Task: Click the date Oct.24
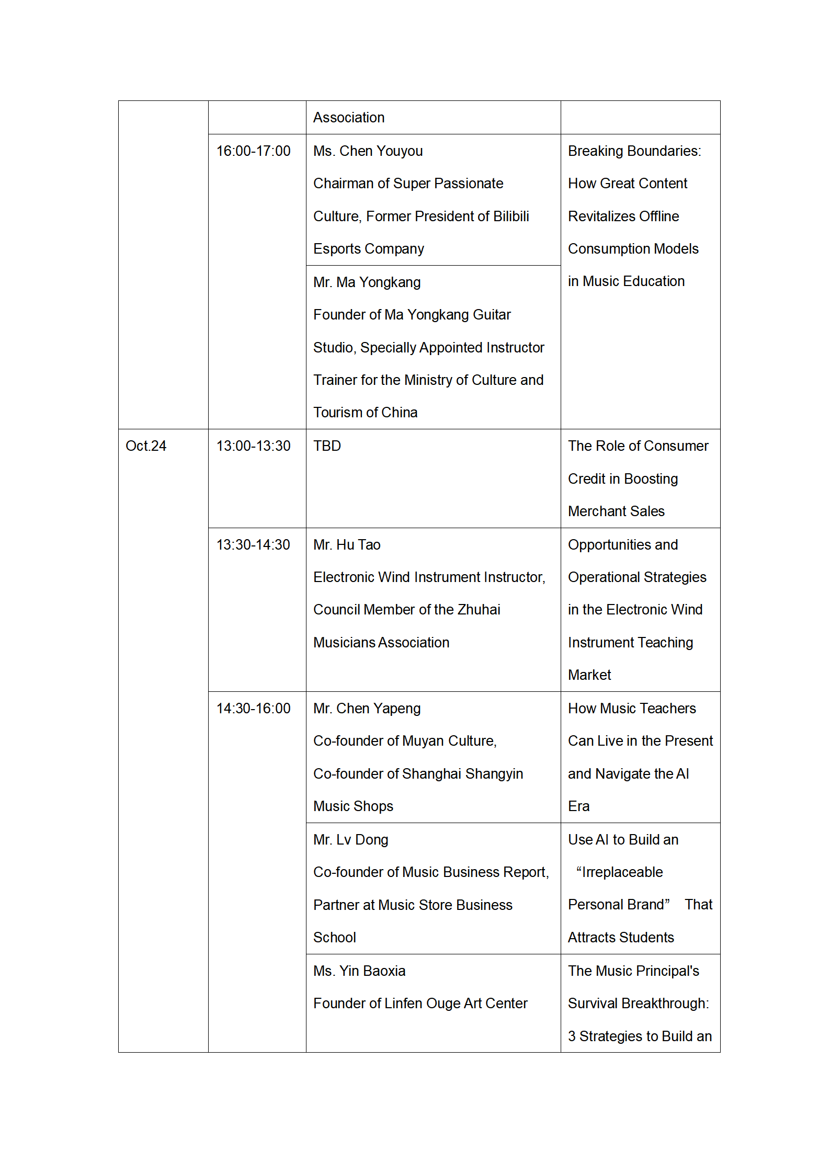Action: (146, 446)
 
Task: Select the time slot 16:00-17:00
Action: (253, 151)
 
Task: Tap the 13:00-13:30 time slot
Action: (253, 446)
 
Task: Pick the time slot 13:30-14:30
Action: (253, 545)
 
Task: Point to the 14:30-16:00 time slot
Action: (253, 709)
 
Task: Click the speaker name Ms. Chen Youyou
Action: (368, 151)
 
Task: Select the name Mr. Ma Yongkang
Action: (367, 282)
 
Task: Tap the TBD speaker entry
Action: (327, 446)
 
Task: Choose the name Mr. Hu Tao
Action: (347, 545)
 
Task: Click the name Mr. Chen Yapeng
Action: (367, 709)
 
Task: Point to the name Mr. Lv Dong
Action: (350, 840)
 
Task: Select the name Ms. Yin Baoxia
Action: (359, 971)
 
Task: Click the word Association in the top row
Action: (349, 118)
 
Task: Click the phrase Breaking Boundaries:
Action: (634, 151)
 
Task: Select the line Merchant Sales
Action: (616, 511)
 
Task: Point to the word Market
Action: (589, 675)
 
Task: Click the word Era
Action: (578, 806)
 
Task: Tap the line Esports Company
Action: (368, 249)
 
